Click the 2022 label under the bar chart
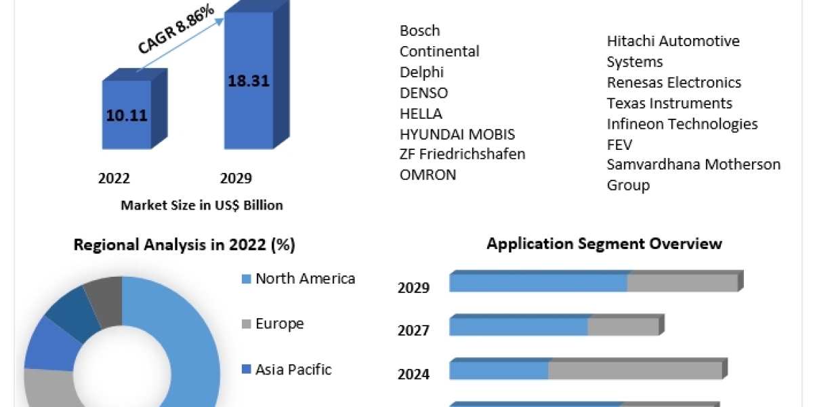(114, 178)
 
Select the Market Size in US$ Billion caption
(201, 205)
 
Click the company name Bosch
(419, 31)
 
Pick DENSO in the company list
(423, 93)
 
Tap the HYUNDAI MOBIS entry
(457, 134)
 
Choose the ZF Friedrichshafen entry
(462, 154)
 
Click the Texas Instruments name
(669, 103)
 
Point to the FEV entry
(619, 144)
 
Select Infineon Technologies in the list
(682, 124)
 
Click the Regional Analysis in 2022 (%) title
(184, 245)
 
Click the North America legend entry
(304, 278)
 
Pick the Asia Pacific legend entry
(293, 370)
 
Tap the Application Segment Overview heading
(604, 244)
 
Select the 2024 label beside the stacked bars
(413, 374)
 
